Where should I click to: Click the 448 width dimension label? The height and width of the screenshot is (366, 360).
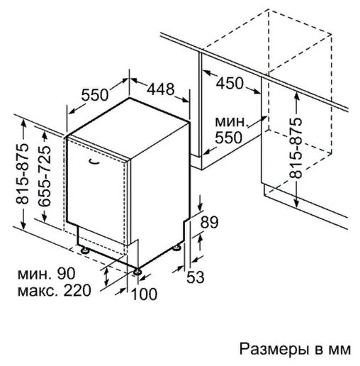pos(161,89)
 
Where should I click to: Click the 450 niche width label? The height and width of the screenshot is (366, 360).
pos(230,83)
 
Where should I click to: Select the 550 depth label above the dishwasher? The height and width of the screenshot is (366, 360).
pos(95,95)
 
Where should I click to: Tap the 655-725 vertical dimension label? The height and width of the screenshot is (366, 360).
pos(44,176)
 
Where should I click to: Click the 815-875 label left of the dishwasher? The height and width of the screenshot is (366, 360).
pos(22,174)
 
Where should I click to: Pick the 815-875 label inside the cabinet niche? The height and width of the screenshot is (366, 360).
pos(296,148)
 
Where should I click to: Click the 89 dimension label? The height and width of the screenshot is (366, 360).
pos(209,222)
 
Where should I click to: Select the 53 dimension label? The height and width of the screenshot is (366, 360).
pos(196,277)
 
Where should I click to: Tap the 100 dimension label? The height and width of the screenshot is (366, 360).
pos(144,294)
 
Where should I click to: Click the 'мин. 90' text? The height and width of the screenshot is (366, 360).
pos(47,274)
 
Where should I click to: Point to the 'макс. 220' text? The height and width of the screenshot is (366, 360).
pos(55,290)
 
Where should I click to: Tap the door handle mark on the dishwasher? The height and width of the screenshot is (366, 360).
pos(94,161)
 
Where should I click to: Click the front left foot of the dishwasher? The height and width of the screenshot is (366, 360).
pos(84,250)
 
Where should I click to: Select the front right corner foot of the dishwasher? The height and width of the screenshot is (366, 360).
pos(137,272)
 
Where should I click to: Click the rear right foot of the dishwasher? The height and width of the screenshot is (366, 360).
pos(176,248)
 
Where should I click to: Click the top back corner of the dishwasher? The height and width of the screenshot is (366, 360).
pos(129,98)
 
